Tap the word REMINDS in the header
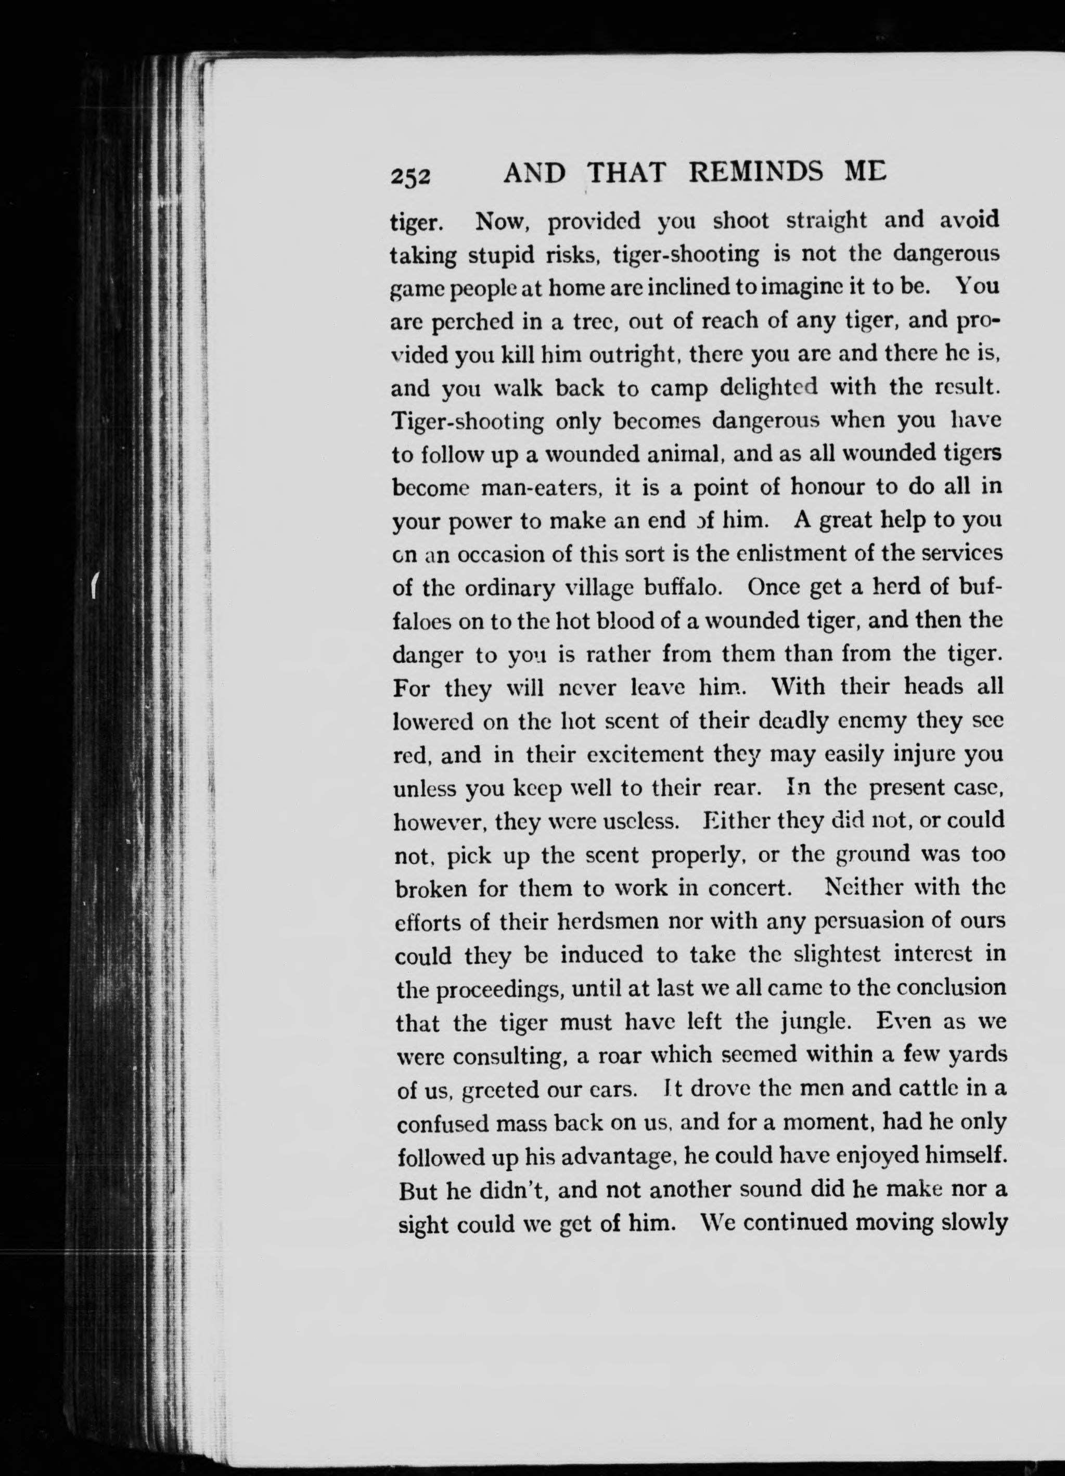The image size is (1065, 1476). tap(755, 172)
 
